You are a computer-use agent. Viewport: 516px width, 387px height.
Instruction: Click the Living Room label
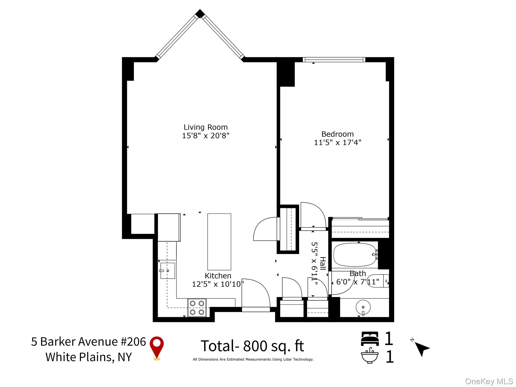click(x=206, y=127)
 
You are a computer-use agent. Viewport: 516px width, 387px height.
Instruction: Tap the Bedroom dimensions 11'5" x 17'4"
click(x=338, y=143)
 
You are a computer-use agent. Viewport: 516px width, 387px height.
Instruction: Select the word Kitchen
click(x=218, y=276)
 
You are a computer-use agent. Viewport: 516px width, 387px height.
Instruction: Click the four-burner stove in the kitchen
click(x=197, y=308)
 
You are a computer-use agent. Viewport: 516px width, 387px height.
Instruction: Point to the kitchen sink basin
click(x=168, y=271)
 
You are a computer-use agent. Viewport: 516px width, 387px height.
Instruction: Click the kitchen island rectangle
click(x=219, y=242)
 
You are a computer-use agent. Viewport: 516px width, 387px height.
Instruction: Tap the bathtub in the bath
click(x=355, y=255)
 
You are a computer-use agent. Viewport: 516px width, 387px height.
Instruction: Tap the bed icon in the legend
click(x=370, y=339)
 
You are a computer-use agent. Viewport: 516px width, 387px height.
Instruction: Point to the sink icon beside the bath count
click(x=370, y=355)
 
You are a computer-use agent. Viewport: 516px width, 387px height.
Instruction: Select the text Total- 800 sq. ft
click(x=252, y=346)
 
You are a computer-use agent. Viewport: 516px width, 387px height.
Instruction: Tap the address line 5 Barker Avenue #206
click(x=88, y=342)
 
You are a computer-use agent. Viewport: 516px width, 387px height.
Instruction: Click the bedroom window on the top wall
click(x=334, y=60)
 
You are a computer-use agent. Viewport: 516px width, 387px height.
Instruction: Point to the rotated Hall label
click(x=323, y=264)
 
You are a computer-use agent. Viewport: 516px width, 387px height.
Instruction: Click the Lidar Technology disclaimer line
click(x=253, y=360)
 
